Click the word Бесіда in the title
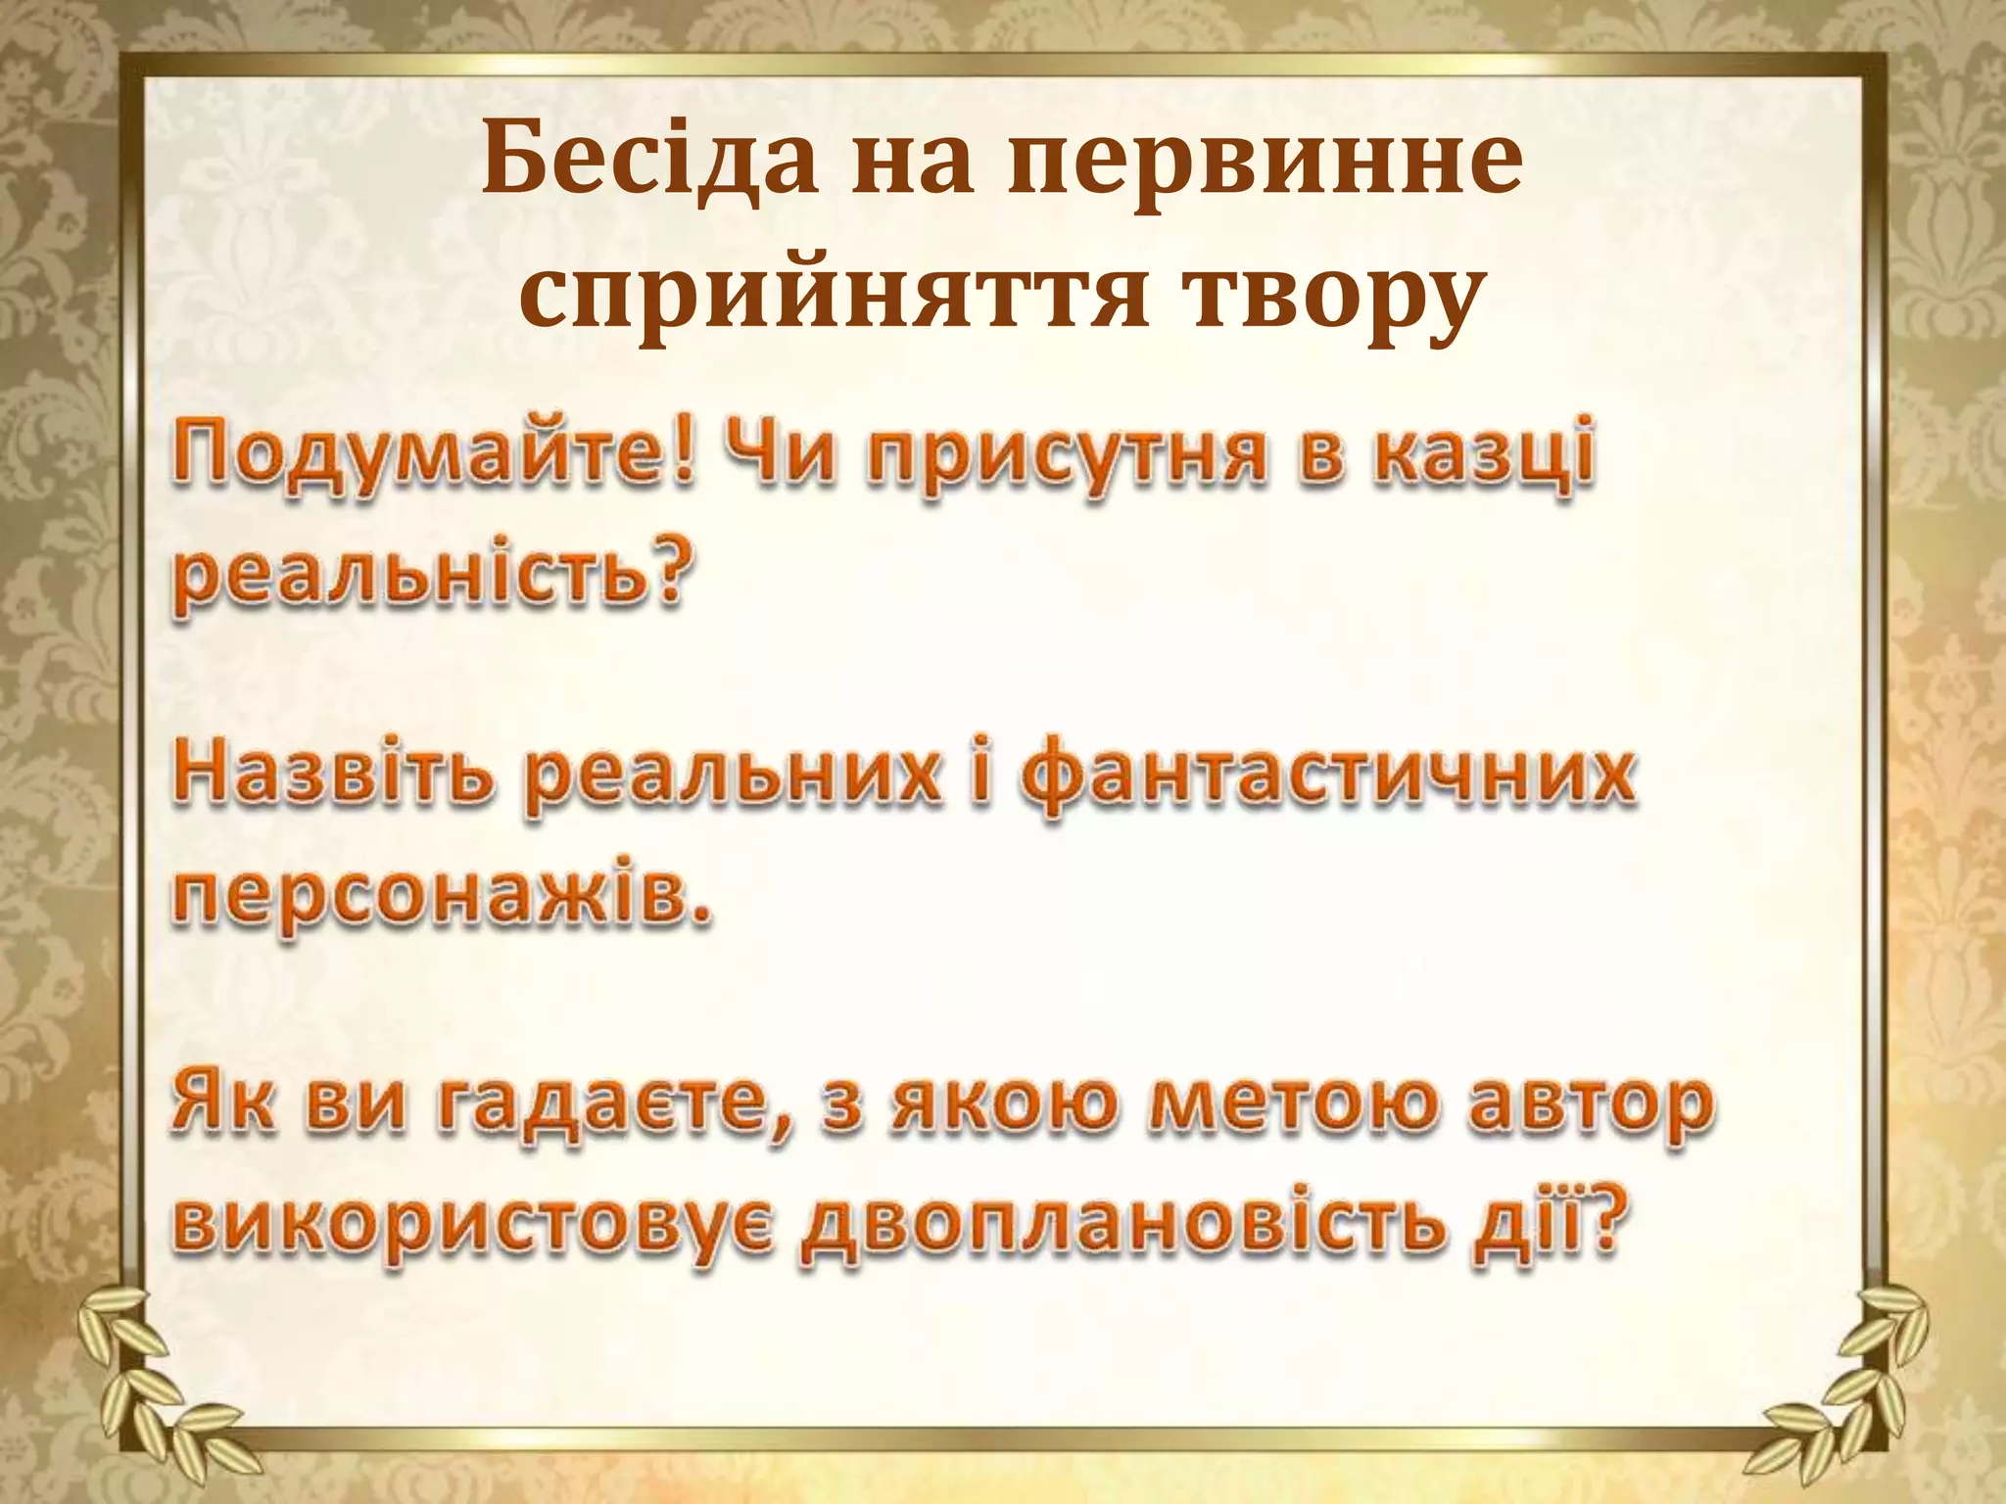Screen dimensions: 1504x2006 point(649,159)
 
